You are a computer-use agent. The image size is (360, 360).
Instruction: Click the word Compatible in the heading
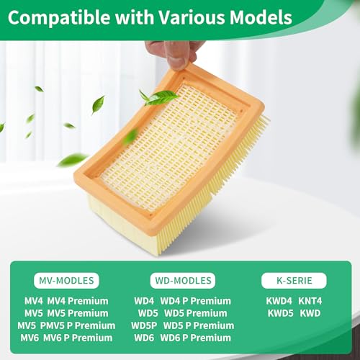point(59,17)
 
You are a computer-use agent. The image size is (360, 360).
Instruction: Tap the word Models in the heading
point(261,17)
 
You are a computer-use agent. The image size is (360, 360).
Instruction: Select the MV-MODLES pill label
point(66,281)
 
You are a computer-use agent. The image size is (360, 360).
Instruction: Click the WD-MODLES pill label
point(183,281)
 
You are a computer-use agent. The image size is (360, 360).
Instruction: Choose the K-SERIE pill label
point(294,281)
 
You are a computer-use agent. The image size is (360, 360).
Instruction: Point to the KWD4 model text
point(279,301)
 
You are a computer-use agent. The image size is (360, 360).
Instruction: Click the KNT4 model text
point(310,301)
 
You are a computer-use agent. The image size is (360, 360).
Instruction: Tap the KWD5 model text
point(281,313)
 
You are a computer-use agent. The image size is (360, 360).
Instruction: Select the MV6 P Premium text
point(78,338)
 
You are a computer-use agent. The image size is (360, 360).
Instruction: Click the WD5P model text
point(144,325)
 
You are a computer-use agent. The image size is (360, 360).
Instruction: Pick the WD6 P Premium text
point(195,338)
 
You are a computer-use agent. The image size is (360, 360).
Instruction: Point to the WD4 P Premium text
point(195,301)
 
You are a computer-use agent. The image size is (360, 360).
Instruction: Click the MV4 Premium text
point(78,301)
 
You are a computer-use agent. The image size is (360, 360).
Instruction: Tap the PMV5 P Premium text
point(78,325)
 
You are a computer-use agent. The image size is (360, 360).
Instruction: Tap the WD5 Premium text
point(196,313)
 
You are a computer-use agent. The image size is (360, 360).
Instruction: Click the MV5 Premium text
point(78,313)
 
